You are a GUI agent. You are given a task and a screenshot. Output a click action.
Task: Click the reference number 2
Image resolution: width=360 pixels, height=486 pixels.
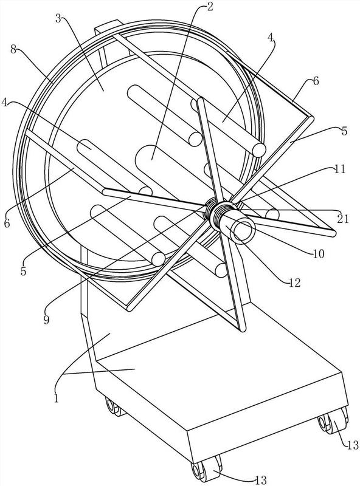pos(210,7)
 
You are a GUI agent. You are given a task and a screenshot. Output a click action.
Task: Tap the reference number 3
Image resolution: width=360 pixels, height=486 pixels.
pos(58,19)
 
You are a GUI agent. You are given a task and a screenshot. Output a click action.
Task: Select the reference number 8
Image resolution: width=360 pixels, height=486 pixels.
pos(13,50)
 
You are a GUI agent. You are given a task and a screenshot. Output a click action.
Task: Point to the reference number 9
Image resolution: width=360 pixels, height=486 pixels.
pos(46,320)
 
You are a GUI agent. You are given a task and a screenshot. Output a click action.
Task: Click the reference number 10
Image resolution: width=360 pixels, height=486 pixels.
pos(319,254)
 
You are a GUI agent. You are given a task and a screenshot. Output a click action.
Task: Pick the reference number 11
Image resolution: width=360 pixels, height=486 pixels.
pos(339,169)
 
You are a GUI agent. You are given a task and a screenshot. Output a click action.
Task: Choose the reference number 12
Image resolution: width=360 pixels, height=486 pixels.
pos(294,282)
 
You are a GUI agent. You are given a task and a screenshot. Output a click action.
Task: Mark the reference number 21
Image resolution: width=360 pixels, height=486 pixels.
pos(343,219)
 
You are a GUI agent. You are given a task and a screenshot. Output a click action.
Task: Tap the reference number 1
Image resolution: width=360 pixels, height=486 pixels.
pos(56,398)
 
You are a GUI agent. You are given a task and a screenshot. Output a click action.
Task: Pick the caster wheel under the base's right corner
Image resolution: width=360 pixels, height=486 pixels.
pos(333,420)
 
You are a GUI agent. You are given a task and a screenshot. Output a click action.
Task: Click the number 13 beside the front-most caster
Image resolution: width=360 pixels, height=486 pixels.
pos(261,481)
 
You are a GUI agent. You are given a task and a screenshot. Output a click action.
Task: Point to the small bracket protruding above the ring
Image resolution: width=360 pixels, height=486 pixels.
pos(107,26)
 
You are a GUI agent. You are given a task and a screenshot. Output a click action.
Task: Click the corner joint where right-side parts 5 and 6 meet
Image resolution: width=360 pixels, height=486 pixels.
pos(310,118)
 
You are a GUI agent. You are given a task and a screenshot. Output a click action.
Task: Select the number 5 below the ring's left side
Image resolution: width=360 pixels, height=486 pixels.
pos(24,271)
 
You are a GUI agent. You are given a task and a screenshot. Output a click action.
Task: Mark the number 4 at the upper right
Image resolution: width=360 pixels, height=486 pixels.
pos(271,38)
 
